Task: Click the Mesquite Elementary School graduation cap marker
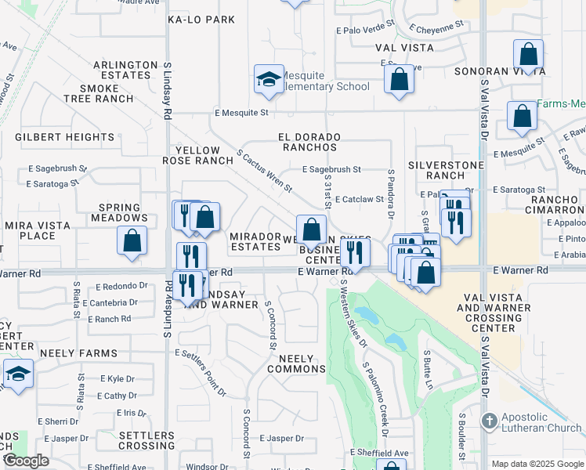269,80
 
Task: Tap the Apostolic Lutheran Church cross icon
490,421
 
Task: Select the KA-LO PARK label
201,20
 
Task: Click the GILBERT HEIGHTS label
54,137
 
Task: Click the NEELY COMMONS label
296,363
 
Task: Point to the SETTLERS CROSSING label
147,440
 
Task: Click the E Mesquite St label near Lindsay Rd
242,113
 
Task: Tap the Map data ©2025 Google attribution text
537,464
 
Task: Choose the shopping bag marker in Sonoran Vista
529,56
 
